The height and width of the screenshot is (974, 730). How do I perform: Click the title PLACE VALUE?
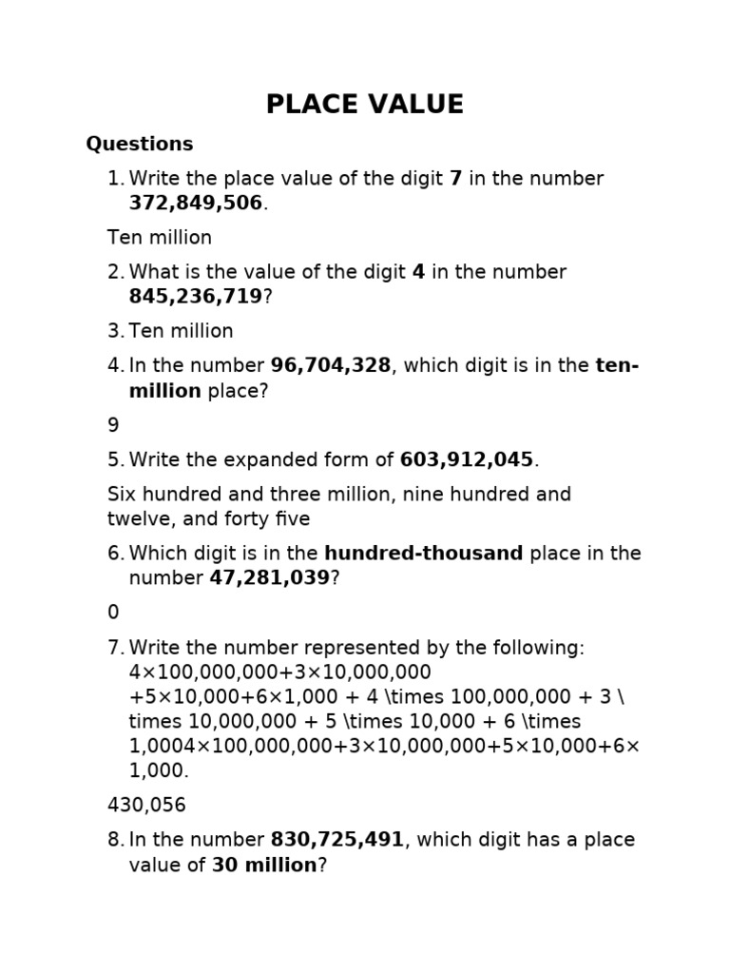pos(365,105)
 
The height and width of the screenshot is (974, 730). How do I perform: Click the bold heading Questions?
pos(140,144)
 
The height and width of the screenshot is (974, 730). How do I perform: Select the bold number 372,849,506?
pos(196,204)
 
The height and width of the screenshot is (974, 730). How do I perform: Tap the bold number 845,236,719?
pos(196,297)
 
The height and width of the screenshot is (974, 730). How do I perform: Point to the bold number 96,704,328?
pos(331,365)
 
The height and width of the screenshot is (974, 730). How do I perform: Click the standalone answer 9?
pos(113,425)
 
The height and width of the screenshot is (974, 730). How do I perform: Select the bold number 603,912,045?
pos(467,459)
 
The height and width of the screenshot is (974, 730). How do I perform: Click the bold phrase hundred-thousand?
pos(423,554)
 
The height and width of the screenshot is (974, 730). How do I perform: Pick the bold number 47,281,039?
pos(269,578)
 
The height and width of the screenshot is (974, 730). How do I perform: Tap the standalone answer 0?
pos(113,613)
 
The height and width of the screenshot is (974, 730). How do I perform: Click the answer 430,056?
pos(146,806)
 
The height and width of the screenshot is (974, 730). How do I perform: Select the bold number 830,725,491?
pos(337,840)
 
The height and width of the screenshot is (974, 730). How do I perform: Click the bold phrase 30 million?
pos(264,865)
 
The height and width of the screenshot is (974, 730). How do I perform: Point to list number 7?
pos(115,648)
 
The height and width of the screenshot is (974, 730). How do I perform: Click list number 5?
pos(115,459)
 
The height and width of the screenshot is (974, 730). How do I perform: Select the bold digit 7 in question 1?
pos(455,179)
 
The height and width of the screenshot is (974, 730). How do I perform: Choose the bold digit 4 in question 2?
pos(418,272)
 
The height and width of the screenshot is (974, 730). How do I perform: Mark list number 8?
pos(115,840)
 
